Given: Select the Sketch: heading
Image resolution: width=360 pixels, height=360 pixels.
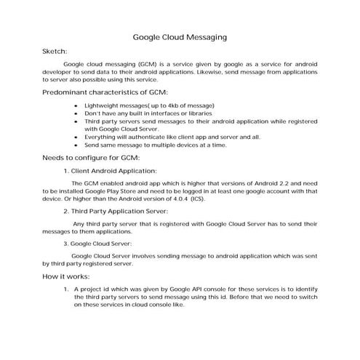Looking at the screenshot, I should tap(55, 52).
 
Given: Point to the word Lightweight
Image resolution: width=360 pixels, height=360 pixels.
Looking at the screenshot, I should tap(112, 106).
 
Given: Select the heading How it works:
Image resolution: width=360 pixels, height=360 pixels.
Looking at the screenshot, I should tap(66, 278).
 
